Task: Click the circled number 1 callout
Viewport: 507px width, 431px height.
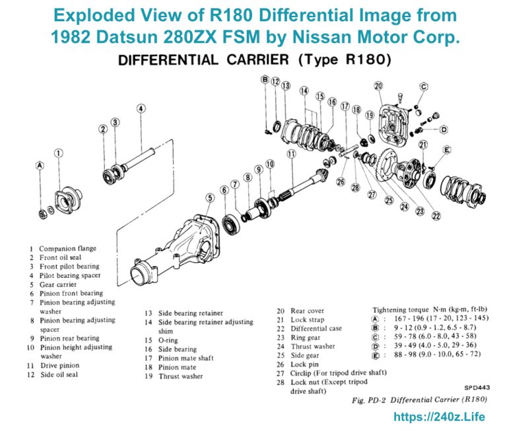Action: (58, 153)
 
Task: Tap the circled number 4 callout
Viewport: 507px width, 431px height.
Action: (141, 109)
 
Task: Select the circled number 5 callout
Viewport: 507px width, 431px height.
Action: (209, 197)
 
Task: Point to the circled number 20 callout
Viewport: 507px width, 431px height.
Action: (378, 86)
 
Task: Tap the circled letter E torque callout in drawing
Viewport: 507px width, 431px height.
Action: (447, 150)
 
